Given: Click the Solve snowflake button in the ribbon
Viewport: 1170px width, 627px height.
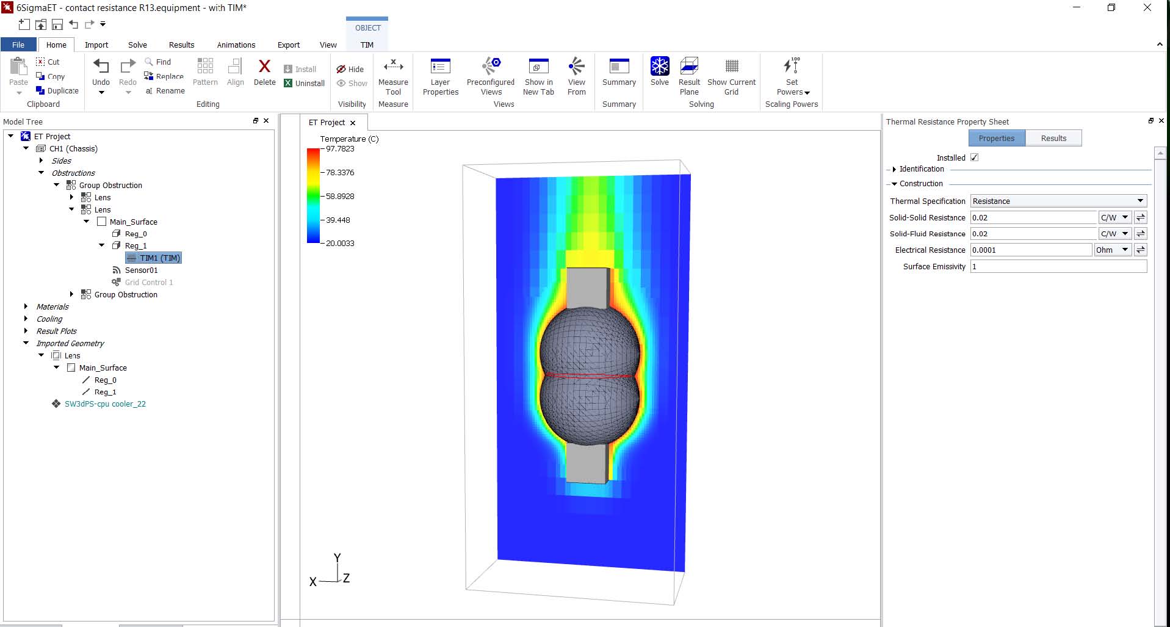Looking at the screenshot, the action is [659, 72].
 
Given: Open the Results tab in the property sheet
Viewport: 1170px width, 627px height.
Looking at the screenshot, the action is [1053, 138].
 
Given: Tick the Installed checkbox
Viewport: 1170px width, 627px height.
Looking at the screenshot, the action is [974, 158].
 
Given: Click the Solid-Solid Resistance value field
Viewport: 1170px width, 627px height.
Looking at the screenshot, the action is [1034, 217].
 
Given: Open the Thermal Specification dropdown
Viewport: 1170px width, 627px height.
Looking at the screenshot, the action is [1058, 201].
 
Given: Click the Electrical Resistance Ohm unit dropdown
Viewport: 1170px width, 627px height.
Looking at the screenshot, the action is [1112, 250].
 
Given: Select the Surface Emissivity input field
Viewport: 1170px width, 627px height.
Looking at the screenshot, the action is [1058, 266].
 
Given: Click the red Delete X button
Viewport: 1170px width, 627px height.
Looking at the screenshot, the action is [264, 73].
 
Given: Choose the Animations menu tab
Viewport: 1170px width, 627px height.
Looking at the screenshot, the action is [236, 45].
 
